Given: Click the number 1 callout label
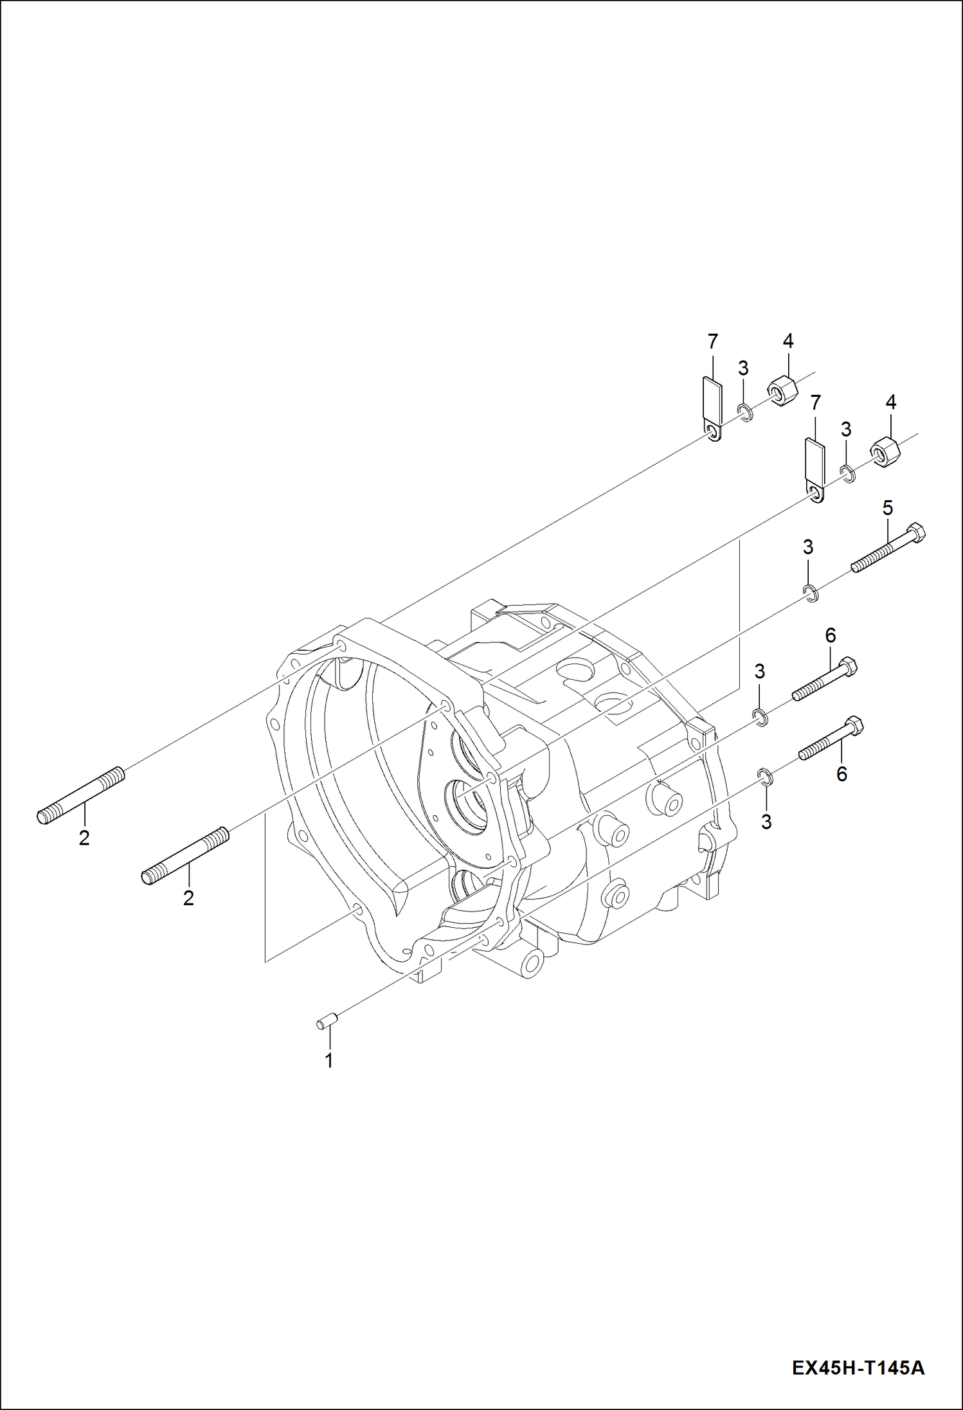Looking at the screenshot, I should click(329, 1060).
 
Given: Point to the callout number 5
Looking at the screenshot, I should click(887, 509).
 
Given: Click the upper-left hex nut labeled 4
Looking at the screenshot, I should click(781, 390).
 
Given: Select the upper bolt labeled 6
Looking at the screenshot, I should click(825, 680).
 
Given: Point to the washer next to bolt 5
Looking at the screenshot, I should click(811, 592).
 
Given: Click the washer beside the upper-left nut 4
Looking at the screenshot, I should click(744, 412).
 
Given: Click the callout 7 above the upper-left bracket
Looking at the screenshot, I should click(712, 341).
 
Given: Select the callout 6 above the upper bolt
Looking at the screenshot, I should click(830, 635).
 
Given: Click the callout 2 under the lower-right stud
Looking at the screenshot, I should click(188, 898).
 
